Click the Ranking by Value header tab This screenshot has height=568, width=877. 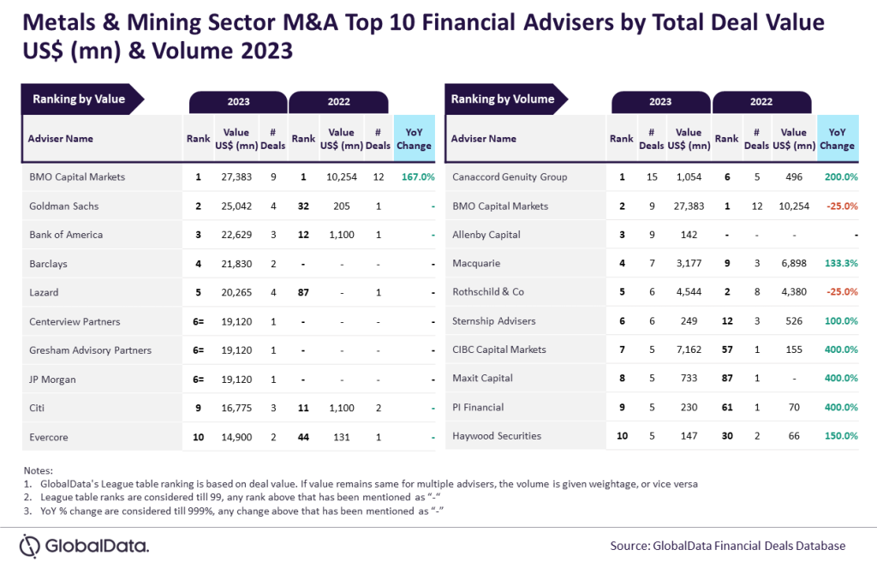[79, 99]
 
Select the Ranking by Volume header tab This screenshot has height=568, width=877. [503, 99]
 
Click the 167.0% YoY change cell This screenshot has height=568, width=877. [417, 177]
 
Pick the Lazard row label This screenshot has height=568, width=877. [44, 292]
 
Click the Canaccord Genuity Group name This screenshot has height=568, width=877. [509, 177]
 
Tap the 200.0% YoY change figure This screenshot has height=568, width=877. [841, 177]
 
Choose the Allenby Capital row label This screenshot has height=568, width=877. [486, 235]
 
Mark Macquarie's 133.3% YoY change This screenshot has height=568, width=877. [841, 263]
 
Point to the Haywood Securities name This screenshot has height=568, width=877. [496, 436]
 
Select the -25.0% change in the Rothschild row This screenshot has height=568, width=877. [841, 292]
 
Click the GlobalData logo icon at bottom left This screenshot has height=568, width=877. [31, 546]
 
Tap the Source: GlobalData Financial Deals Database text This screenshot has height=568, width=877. [728, 546]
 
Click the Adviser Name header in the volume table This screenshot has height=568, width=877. [484, 139]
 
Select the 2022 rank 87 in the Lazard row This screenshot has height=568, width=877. [303, 292]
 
